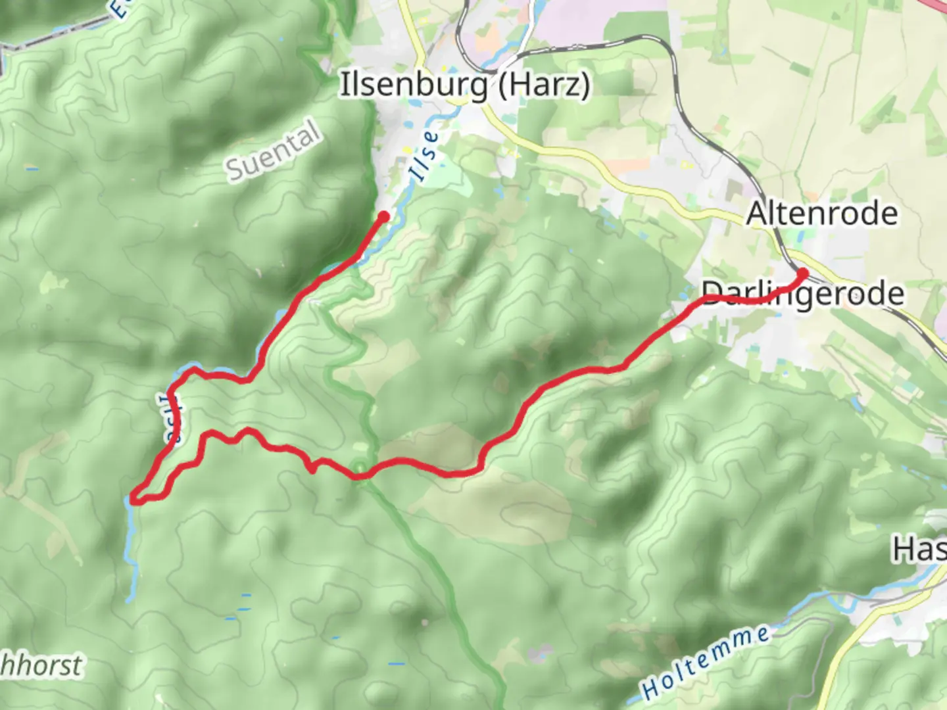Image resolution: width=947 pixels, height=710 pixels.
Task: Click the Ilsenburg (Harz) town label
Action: tap(464, 85)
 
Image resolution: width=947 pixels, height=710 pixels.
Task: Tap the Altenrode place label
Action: tap(822, 214)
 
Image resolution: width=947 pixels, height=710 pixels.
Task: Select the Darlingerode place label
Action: tap(802, 294)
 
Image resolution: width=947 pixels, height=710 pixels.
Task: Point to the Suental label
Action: tap(274, 151)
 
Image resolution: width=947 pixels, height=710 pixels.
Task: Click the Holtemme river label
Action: tap(706, 663)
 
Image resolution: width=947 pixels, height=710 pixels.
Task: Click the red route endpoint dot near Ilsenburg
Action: tap(384, 216)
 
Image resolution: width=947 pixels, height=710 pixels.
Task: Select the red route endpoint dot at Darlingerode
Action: tap(802, 273)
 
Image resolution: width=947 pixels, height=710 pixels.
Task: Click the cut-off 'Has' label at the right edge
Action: tap(919, 549)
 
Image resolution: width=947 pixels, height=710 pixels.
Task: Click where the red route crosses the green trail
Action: tap(360, 472)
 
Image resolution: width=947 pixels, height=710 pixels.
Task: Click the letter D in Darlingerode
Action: tap(711, 293)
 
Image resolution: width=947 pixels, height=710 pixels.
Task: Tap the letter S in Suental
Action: tap(235, 170)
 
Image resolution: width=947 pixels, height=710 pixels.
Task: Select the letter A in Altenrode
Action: tap(757, 214)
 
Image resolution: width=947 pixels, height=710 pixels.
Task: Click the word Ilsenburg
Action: tap(414, 85)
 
